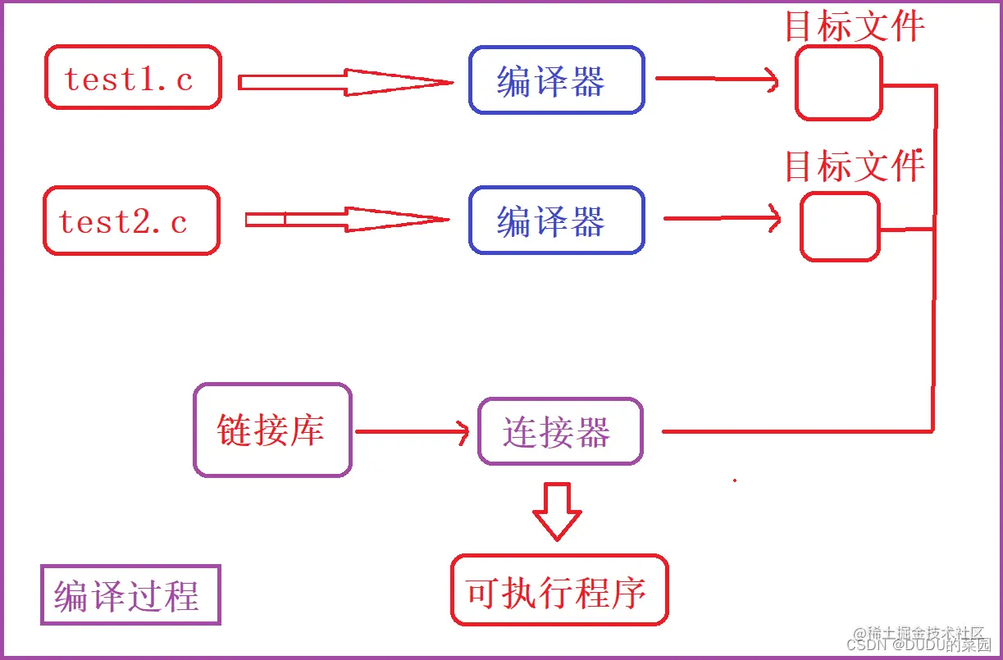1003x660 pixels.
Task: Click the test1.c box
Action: click(133, 78)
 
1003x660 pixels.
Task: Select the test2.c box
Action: click(131, 221)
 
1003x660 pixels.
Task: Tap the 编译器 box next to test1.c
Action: click(556, 80)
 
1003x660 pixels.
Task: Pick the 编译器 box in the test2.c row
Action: click(556, 221)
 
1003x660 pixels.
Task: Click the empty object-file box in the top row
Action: click(838, 83)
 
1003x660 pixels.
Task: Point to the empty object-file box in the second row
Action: click(840, 227)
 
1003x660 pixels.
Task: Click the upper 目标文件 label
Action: click(855, 26)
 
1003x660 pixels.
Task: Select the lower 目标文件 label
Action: click(855, 166)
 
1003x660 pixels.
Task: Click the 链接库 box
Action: click(272, 430)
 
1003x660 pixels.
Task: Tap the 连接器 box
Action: click(560, 432)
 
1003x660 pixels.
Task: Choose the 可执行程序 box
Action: click(559, 590)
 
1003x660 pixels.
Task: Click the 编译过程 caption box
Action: click(130, 595)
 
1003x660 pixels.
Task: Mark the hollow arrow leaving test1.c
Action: click(344, 82)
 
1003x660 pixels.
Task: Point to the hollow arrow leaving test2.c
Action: click(347, 219)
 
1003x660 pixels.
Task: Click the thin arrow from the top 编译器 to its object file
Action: click(717, 79)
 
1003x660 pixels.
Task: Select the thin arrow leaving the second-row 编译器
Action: click(722, 219)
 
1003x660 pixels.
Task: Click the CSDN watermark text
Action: click(919, 644)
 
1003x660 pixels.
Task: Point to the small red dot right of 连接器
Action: click(734, 480)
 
